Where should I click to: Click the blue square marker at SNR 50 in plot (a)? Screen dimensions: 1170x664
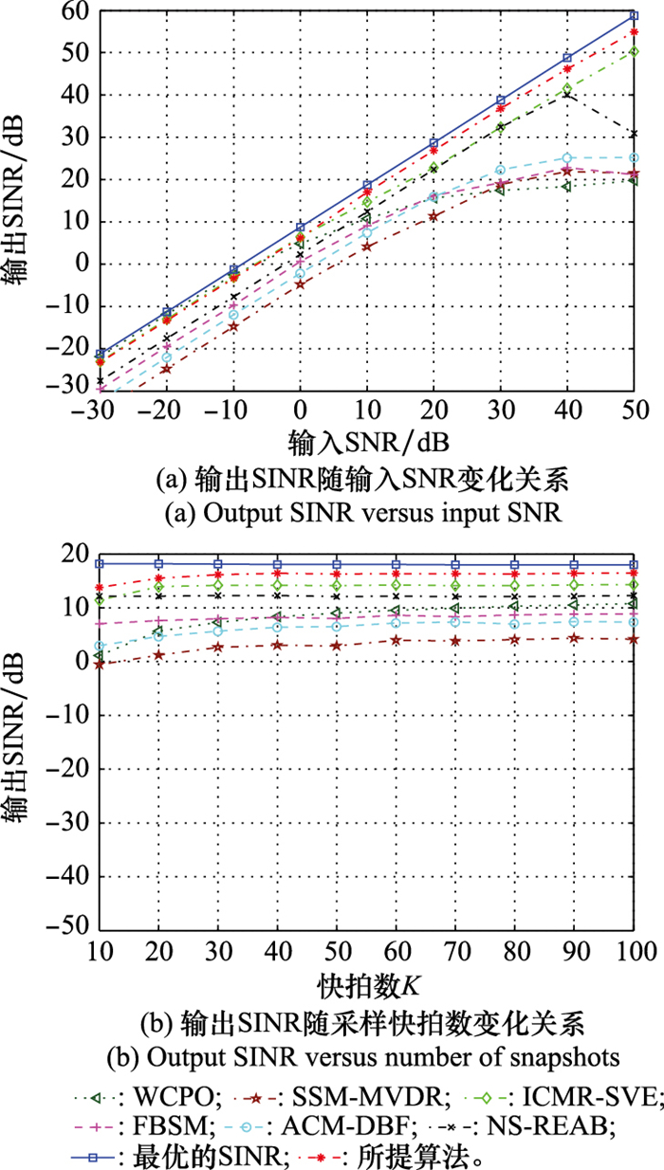point(635,15)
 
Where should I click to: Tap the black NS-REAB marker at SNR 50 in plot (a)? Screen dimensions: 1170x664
point(635,134)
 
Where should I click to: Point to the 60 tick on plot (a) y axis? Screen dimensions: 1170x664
point(76,12)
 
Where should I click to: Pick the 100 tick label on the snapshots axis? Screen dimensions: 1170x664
point(634,950)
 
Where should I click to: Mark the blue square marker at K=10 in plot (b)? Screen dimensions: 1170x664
point(100,563)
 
